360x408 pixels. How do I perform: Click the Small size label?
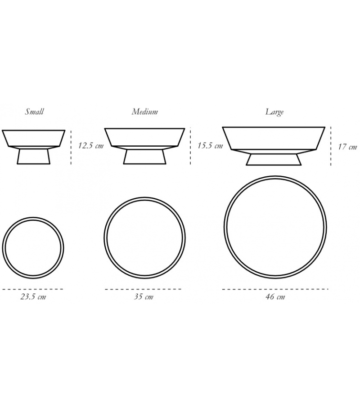point(34,112)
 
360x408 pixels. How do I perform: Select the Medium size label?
point(145,112)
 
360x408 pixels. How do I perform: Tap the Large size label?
point(274,112)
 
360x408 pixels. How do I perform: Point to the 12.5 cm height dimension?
point(91,145)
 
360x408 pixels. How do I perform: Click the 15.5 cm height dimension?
point(210,145)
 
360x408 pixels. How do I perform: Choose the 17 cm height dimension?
point(347,147)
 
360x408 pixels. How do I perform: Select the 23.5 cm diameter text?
point(33,296)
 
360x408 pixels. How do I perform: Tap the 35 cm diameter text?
point(144,296)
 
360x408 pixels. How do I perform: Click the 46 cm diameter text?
point(275,296)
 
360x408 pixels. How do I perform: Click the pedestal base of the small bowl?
point(34,156)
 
